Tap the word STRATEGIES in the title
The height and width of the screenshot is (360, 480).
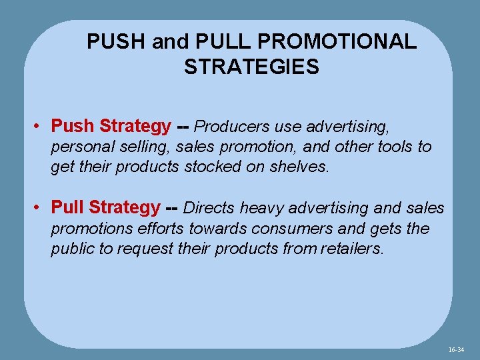tap(251, 67)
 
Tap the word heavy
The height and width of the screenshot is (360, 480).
tap(261, 208)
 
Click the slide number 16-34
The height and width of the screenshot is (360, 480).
tap(456, 349)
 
